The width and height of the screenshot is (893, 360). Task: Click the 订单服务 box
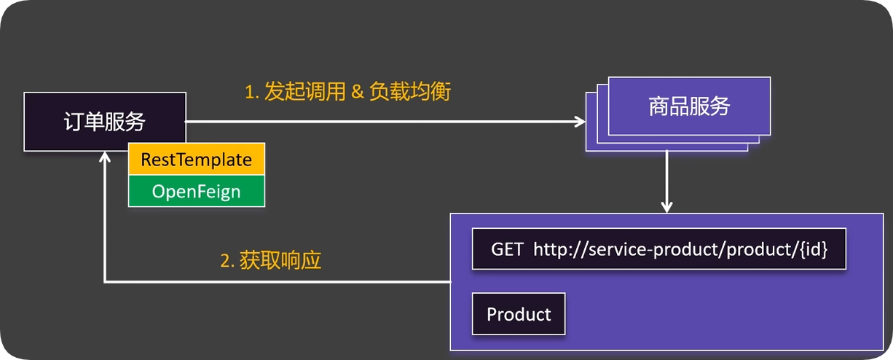coord(104,122)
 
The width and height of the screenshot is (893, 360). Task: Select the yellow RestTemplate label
coord(197,160)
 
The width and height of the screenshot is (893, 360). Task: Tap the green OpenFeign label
coord(197,192)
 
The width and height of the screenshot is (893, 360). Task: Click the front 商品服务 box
coord(689,107)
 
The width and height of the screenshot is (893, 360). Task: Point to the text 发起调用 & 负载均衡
coord(347,92)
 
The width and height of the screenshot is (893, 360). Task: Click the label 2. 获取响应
coord(270,261)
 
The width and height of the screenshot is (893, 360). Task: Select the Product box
coord(519,314)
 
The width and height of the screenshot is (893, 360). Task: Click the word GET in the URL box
coord(507,249)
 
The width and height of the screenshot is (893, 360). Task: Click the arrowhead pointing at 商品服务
coord(580,122)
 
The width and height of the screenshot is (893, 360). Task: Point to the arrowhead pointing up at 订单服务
coord(106,157)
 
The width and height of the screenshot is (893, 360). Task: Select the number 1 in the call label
coord(248,93)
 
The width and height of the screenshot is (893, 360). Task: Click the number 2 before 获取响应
coord(225,261)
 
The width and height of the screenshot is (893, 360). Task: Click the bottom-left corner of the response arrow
coord(106,281)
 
